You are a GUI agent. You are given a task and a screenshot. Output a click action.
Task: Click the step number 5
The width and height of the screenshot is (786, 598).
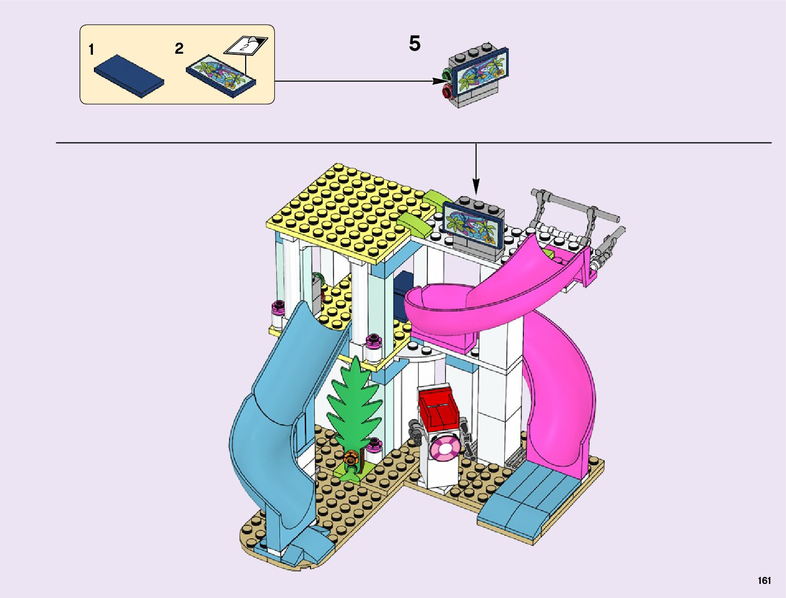[414, 44]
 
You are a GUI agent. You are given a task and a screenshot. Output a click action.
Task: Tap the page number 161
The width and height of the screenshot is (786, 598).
[764, 580]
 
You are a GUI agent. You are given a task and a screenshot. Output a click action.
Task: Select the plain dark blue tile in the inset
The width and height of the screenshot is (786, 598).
[129, 75]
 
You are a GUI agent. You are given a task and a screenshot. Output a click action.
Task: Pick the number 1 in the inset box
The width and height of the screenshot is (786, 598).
[91, 50]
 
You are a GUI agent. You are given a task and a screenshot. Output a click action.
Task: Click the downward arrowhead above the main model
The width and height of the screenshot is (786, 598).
[476, 189]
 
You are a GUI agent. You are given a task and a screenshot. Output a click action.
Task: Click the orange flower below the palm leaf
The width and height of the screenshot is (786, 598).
[351, 457]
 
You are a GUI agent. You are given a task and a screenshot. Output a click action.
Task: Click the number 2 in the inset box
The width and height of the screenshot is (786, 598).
[179, 49]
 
